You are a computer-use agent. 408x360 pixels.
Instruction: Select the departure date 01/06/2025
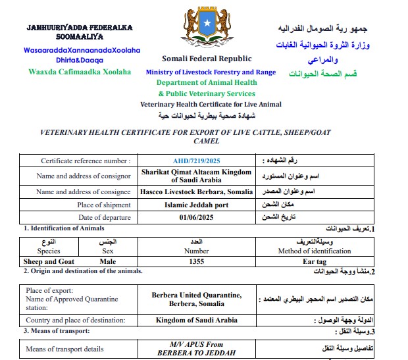pyautogui.click(x=197, y=217)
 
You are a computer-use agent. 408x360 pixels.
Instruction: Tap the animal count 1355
pyautogui.click(x=197, y=261)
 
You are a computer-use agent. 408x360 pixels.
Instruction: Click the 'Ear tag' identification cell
pyautogui.click(x=315, y=261)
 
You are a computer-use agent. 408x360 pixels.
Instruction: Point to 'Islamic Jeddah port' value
pyautogui.click(x=197, y=205)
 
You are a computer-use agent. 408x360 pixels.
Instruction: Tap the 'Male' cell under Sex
pyautogui.click(x=108, y=261)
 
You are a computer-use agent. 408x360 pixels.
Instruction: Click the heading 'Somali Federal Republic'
pyautogui.click(x=207, y=59)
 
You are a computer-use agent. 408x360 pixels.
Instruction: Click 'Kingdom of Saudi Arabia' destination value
pyautogui.click(x=197, y=321)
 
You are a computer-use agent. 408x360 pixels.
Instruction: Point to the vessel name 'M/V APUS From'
pyautogui.click(x=197, y=344)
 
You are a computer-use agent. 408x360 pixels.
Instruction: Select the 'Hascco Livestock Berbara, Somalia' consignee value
pyautogui.click(x=197, y=192)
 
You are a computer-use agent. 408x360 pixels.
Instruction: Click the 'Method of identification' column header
pyautogui.click(x=315, y=251)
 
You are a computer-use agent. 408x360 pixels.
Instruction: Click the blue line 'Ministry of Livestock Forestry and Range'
pyautogui.click(x=211, y=72)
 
